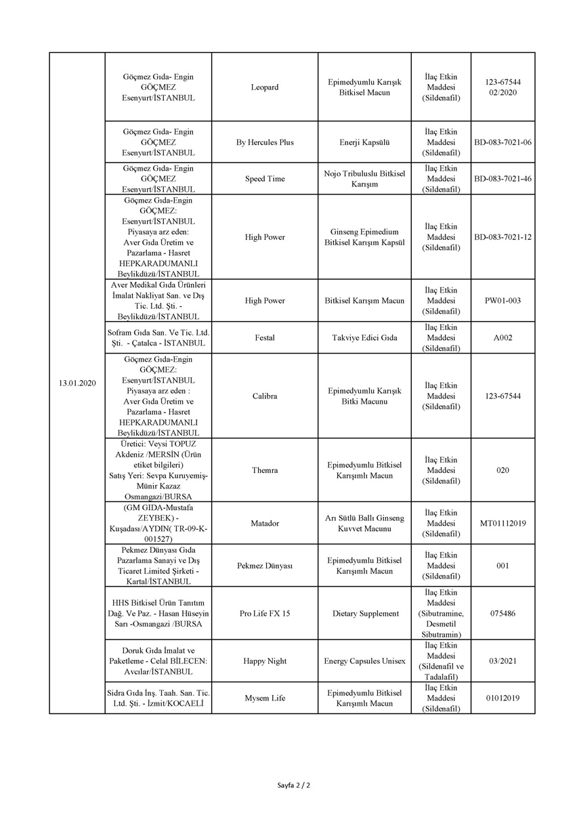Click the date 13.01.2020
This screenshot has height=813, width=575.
click(77, 383)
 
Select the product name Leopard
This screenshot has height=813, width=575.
click(265, 87)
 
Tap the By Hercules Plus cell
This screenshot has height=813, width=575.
click(265, 143)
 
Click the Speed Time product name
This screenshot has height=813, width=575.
click(265, 179)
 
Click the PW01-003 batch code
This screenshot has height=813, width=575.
click(503, 301)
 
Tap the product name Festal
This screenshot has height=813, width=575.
click(265, 337)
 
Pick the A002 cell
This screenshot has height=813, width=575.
click(503, 337)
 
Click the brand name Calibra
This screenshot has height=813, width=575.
click(265, 396)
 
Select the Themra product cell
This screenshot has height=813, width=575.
click(265, 470)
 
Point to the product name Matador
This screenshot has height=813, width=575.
click(265, 523)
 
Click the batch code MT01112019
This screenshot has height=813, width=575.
click(503, 523)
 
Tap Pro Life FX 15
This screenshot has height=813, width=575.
click(265, 614)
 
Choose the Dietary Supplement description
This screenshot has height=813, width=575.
click(365, 614)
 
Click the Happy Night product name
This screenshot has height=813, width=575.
click(265, 661)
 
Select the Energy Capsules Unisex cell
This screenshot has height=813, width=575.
click(365, 661)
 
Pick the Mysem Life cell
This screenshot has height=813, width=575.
click(265, 698)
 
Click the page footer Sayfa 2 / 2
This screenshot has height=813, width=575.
click(293, 785)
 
